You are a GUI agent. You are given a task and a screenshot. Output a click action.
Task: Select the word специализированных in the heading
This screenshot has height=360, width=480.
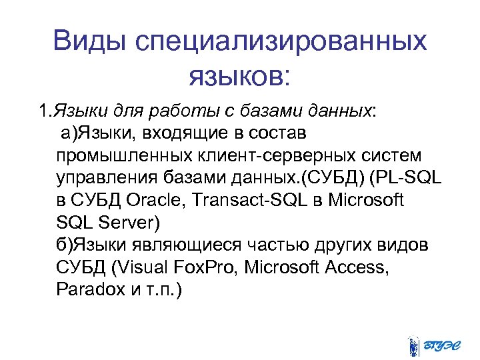(x=280, y=42)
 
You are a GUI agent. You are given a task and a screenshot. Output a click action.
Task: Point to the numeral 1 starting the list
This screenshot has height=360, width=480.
(x=41, y=110)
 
